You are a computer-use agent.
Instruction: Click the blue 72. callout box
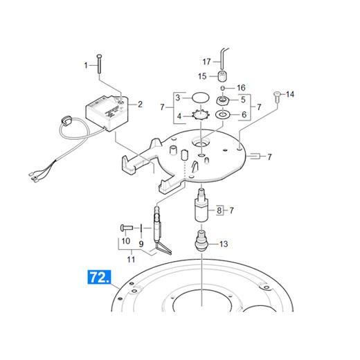pyautogui.click(x=99, y=277)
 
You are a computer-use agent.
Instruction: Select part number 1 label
pyautogui.click(x=86, y=66)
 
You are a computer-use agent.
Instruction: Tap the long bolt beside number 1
pyautogui.click(x=100, y=64)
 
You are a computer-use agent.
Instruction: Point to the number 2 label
pyautogui.click(x=140, y=105)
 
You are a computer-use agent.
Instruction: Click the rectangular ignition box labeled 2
pyautogui.click(x=107, y=112)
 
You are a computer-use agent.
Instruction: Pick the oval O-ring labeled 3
pyautogui.click(x=201, y=97)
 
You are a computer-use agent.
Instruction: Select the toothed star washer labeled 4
pyautogui.click(x=201, y=115)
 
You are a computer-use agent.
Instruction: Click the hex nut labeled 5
pyautogui.click(x=222, y=100)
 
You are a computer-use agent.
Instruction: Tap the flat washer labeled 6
pyautogui.click(x=222, y=114)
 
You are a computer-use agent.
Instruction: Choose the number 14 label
pyautogui.click(x=290, y=94)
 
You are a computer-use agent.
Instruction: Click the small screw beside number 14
pyautogui.click(x=276, y=97)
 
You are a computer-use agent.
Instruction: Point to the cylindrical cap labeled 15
pyautogui.click(x=222, y=76)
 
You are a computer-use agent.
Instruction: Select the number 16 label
pyautogui.click(x=241, y=88)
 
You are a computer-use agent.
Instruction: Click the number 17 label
pyautogui.click(x=207, y=62)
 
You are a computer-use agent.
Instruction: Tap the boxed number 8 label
pyautogui.click(x=219, y=210)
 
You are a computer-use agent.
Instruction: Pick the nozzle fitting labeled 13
pyautogui.click(x=202, y=241)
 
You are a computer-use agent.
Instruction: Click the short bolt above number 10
pyautogui.click(x=127, y=228)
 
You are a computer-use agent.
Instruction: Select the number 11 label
pyautogui.click(x=131, y=260)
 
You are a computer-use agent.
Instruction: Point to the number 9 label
pyautogui.click(x=141, y=244)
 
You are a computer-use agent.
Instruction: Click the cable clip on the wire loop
pyautogui.click(x=65, y=120)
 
